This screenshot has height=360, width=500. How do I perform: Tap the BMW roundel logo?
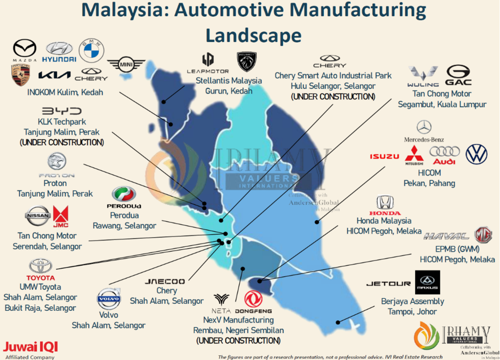click(x=92, y=50)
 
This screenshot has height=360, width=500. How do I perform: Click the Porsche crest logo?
click(x=20, y=75)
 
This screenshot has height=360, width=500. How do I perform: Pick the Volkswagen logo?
click(x=477, y=154)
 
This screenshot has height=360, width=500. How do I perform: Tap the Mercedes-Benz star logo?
click(x=424, y=127)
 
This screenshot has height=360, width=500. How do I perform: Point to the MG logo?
click(x=483, y=235)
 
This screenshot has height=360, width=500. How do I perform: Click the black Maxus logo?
click(x=427, y=282)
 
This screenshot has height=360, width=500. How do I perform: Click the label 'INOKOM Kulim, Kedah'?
click(x=61, y=92)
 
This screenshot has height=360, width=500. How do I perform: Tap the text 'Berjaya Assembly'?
click(x=413, y=301)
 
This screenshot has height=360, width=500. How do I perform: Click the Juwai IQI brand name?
click(x=31, y=347)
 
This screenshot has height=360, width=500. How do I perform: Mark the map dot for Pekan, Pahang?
click(x=317, y=222)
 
